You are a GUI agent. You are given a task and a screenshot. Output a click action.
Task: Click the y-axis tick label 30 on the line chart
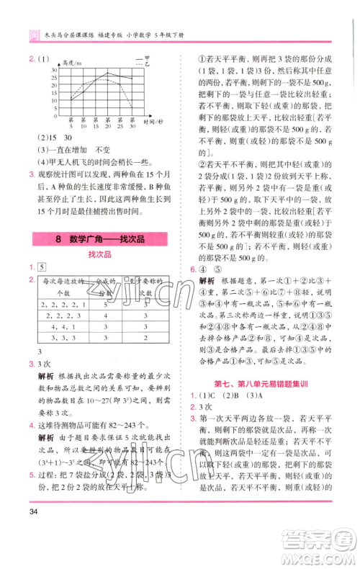pos(55,69)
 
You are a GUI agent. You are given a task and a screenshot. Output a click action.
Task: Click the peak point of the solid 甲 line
pos(108,73)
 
